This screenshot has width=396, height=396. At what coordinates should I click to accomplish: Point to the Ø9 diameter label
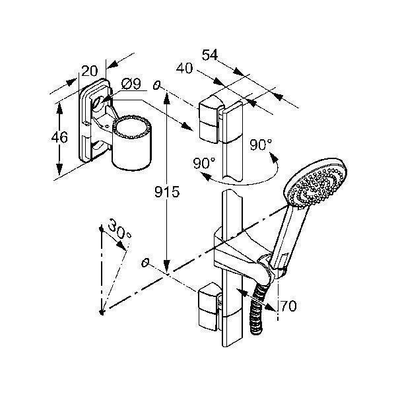point(131,84)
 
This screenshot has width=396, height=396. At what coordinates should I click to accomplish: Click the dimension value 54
point(209,56)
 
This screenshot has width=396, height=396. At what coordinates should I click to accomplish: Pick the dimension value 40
point(184,68)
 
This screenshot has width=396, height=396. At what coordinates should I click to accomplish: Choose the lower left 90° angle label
point(205,162)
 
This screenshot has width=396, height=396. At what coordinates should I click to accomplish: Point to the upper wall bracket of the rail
point(210,117)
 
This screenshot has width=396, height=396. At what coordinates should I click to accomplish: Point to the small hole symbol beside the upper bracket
point(156,85)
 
